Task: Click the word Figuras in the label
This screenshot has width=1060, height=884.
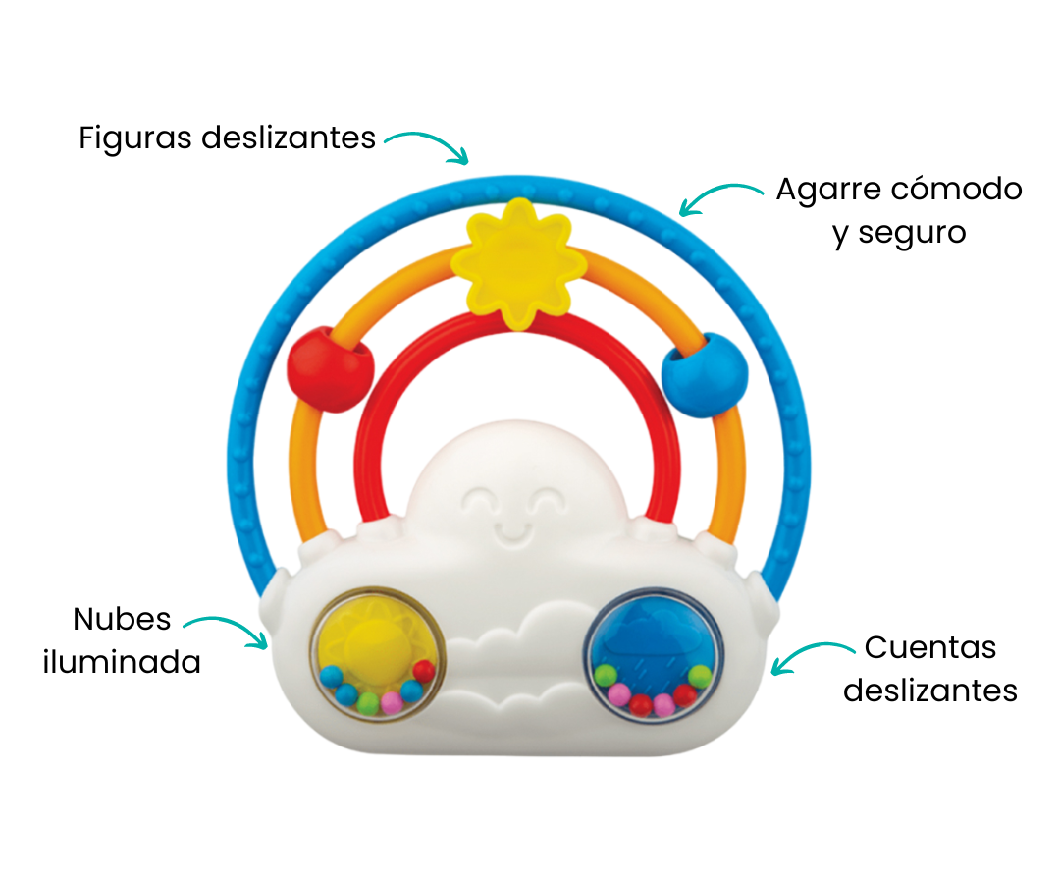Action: click(134, 138)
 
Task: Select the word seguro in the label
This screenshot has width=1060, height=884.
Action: click(912, 233)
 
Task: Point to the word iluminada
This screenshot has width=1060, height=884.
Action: click(122, 662)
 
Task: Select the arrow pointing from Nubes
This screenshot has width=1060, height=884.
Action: click(227, 630)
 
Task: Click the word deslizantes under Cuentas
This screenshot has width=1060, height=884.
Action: click(930, 690)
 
